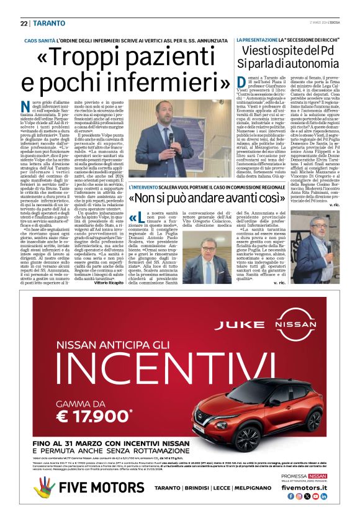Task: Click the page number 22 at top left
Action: (24, 24)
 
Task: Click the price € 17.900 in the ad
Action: (96, 412)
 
